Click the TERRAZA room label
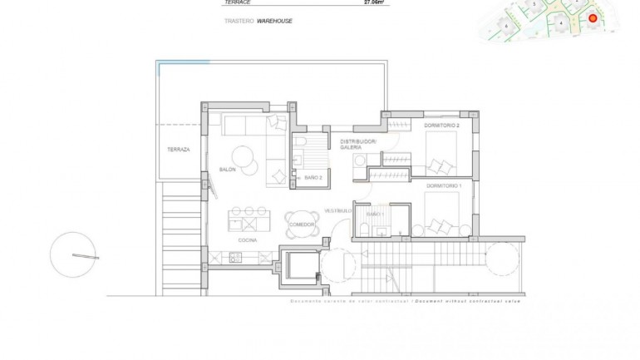tap(178, 150)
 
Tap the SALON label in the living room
tap(228, 170)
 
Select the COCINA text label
tap(247, 240)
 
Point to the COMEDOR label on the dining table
tap(301, 224)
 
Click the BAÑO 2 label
tap(313, 178)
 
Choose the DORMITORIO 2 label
tap(441, 126)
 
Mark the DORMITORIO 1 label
tap(443, 185)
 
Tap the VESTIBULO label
tap(339, 210)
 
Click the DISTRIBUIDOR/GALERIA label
tap(358, 145)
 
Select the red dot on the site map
tap(593, 18)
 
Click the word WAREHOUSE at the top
tap(274, 21)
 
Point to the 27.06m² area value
tap(376, 2)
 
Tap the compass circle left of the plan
tap(73, 254)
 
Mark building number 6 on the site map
tap(506, 27)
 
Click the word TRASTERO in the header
tap(238, 21)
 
